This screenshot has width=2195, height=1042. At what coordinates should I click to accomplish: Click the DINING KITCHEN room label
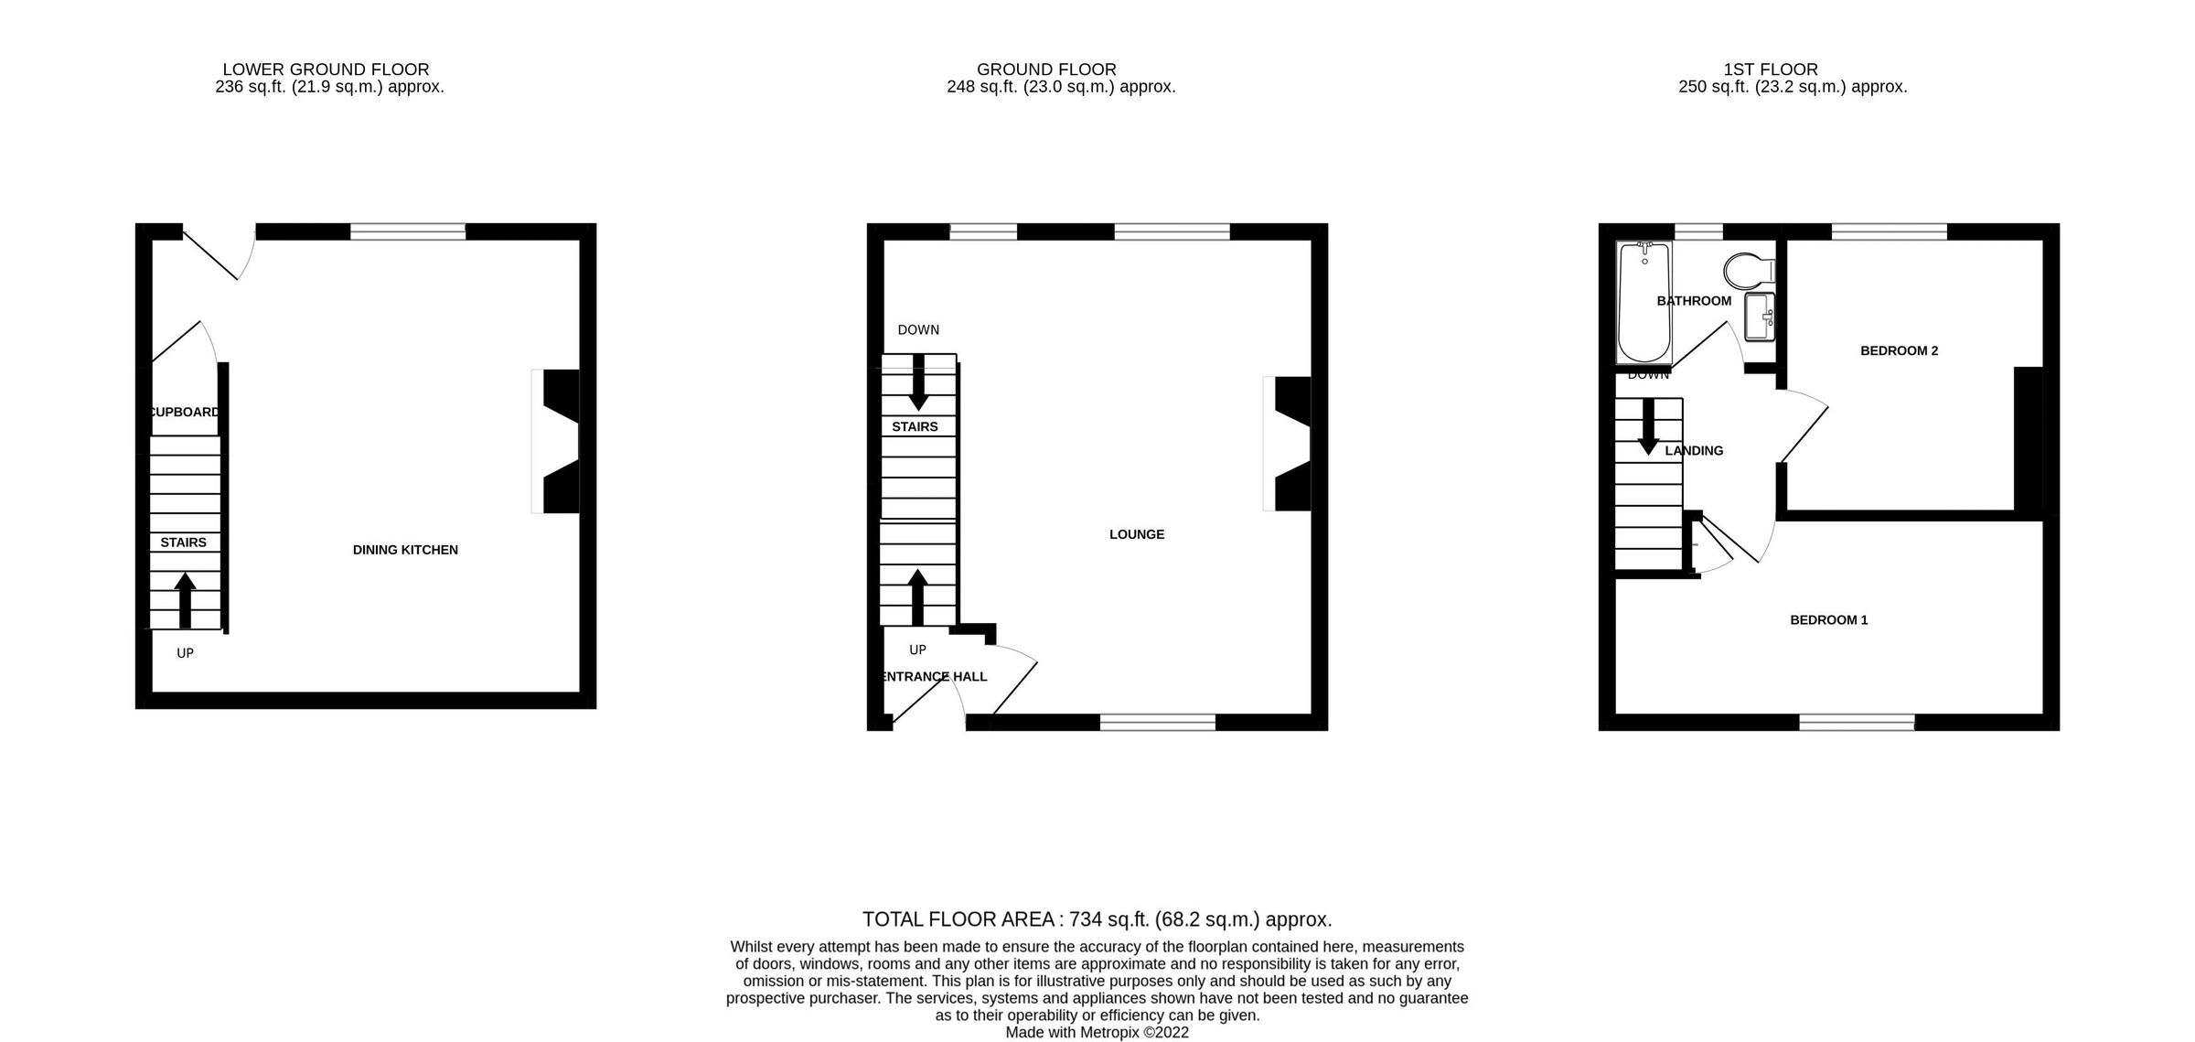(x=405, y=550)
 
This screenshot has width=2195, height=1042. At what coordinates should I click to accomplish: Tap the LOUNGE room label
(x=1137, y=534)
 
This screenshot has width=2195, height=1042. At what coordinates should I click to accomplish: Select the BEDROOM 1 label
(x=1829, y=620)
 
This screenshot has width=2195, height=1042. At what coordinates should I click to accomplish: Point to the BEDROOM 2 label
(x=1900, y=350)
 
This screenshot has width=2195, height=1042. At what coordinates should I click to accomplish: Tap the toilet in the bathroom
(x=1749, y=271)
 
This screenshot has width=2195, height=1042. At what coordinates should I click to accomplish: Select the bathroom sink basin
(x=1759, y=316)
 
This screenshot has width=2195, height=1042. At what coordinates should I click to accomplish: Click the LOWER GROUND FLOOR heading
(x=326, y=70)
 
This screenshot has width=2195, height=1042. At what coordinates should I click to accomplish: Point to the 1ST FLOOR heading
(x=1771, y=70)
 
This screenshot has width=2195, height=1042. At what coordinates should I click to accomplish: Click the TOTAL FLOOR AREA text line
(x=1097, y=919)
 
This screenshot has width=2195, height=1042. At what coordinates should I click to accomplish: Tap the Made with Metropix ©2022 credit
(x=1097, y=1033)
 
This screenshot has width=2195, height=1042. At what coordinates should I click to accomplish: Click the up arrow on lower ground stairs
(x=186, y=599)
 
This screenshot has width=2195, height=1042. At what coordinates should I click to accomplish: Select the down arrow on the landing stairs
(x=1648, y=427)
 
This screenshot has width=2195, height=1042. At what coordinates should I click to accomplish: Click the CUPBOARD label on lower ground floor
(x=185, y=413)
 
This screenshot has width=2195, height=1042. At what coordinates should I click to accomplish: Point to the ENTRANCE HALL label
(x=933, y=677)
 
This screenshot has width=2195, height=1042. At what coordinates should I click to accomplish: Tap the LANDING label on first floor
(x=1694, y=451)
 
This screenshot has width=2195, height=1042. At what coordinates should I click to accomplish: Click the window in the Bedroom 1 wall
(x=1857, y=723)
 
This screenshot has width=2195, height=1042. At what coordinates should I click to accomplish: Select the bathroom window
(x=1698, y=231)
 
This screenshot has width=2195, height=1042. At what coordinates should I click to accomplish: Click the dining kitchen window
(x=408, y=231)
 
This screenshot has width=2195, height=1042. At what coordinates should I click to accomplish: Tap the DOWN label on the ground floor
(x=918, y=330)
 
